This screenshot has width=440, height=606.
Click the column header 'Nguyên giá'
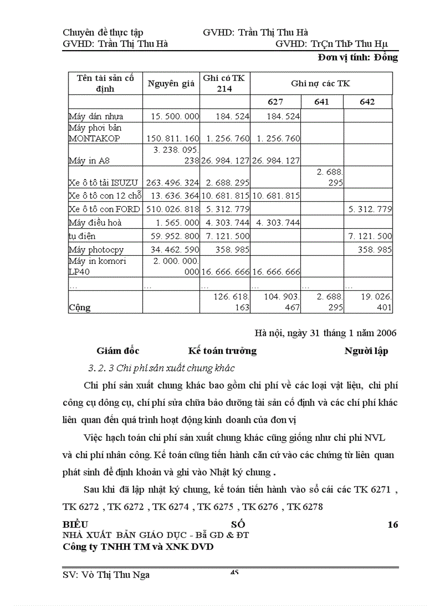click(170, 84)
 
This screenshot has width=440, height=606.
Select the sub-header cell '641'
click(321, 102)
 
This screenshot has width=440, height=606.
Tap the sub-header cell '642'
click(367, 102)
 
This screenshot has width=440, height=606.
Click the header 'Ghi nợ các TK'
click(320, 84)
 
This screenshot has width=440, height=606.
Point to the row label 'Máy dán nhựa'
click(96, 116)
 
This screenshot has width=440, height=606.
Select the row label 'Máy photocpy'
click(96, 249)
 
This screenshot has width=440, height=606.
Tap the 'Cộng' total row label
click(79, 308)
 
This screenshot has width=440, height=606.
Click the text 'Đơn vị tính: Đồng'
click(357, 58)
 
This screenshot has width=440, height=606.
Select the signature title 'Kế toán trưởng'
click(222, 351)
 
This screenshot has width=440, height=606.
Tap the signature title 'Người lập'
click(366, 351)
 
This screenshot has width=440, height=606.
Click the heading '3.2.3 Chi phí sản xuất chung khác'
click(161, 368)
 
